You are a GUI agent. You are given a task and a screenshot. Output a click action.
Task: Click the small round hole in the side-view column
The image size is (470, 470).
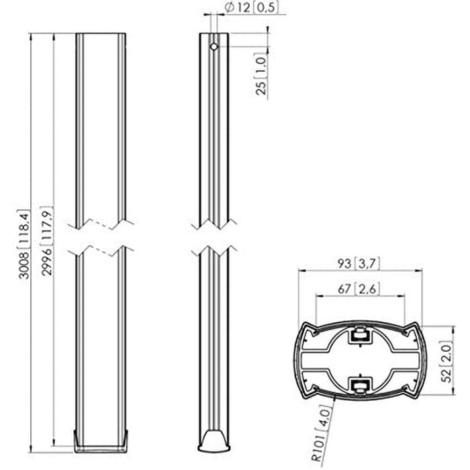pos(213,48)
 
